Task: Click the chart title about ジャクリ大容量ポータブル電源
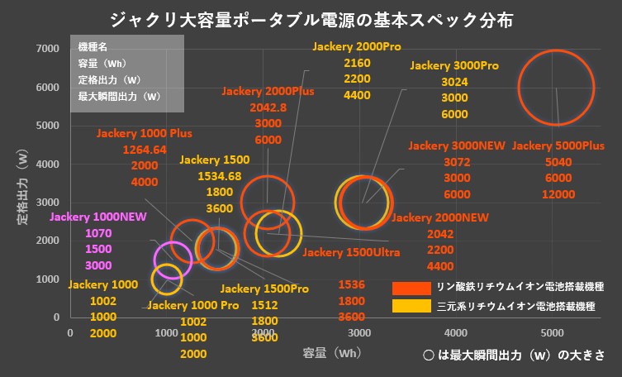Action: tap(310, 19)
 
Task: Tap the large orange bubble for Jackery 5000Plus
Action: tap(556, 88)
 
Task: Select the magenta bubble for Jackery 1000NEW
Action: tap(173, 260)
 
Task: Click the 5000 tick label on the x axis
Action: tap(552, 332)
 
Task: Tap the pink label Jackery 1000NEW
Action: tap(98, 217)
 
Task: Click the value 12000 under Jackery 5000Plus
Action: tap(558, 194)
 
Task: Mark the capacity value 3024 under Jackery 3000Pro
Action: tap(455, 82)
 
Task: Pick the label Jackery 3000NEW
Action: tap(456, 146)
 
